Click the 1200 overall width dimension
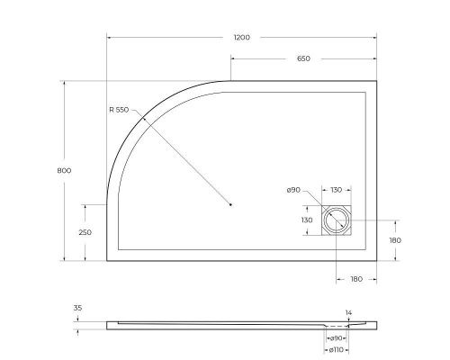point(240,37)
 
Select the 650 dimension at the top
point(303,58)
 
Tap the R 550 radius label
point(119,111)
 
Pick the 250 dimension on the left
point(85,232)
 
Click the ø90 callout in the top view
point(292,190)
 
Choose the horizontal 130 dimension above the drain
point(336,190)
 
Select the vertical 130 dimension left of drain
point(307,220)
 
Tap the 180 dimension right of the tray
point(394,240)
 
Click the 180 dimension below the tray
point(355,279)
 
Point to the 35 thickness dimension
point(77,308)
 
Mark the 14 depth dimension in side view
point(347,312)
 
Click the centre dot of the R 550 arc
point(231,204)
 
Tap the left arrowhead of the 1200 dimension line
point(110,37)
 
